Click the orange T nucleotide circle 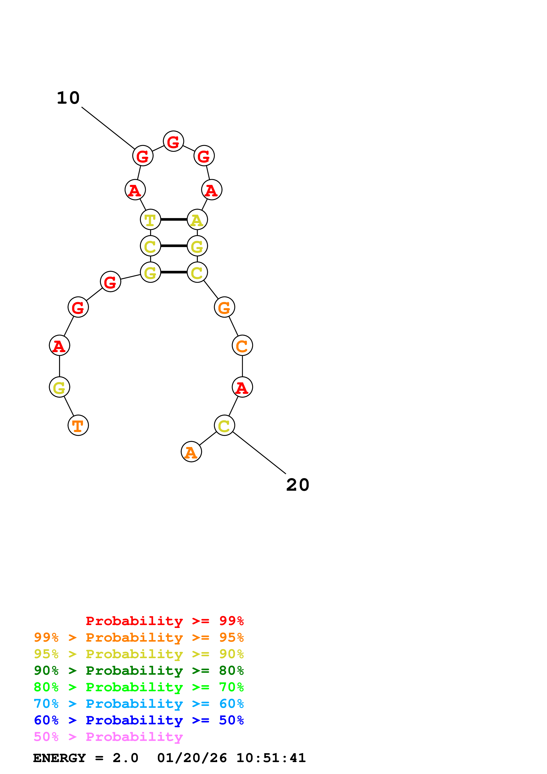[78, 425]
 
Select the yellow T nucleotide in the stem [150, 220]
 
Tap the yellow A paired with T [197, 220]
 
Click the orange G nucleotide [224, 307]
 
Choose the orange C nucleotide [242, 345]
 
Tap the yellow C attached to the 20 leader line [224, 425]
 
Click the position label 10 [68, 98]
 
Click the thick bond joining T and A [174, 220]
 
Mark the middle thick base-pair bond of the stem [174, 246]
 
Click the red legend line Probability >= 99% [164, 621]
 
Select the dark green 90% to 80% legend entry [139, 671]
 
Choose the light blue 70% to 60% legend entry [139, 704]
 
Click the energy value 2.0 [125, 758]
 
